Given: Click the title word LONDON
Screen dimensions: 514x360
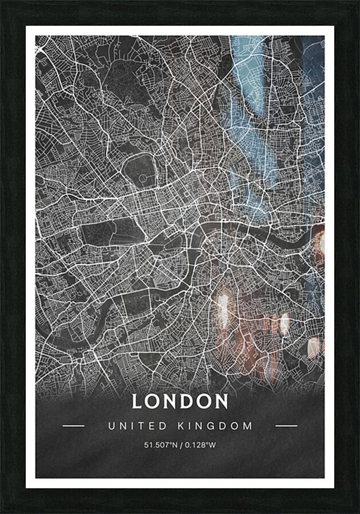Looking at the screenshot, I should click(x=180, y=401).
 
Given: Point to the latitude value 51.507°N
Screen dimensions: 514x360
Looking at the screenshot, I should click(x=161, y=445).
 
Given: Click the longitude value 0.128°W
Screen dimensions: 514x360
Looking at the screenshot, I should click(x=199, y=445).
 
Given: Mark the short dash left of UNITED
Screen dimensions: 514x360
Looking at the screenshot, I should click(x=73, y=425).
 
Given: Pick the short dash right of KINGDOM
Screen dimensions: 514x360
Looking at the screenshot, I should click(x=286, y=425).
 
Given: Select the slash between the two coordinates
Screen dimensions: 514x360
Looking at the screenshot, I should click(x=180, y=445).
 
